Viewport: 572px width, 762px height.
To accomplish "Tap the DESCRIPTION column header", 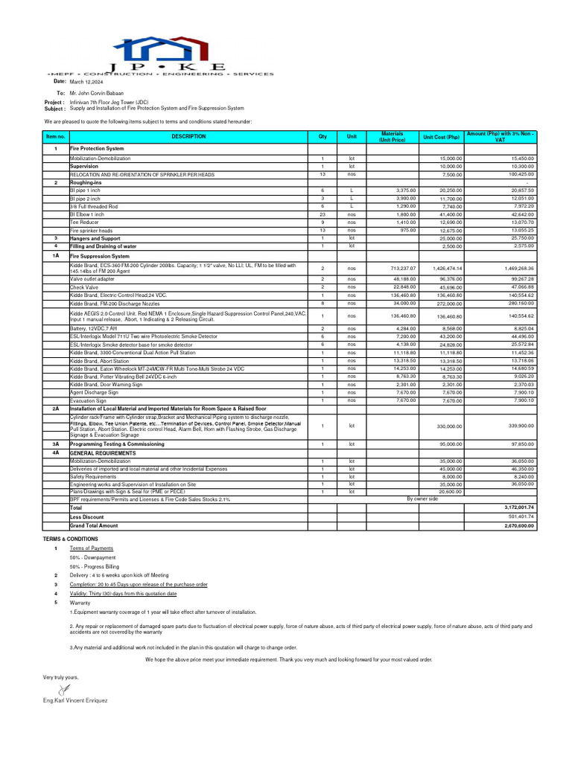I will click(189, 137).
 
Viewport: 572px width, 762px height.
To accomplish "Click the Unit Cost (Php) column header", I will click(442, 137).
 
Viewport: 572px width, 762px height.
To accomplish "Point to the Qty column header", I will click(322, 137).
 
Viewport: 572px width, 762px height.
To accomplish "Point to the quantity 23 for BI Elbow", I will click(322, 214).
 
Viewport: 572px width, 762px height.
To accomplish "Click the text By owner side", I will click(423, 499).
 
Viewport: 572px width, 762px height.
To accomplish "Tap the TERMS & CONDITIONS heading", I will click(70, 539).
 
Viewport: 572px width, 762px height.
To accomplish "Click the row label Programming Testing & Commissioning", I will click(117, 444).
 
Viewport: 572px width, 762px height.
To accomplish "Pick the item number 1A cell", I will click(55, 255).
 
